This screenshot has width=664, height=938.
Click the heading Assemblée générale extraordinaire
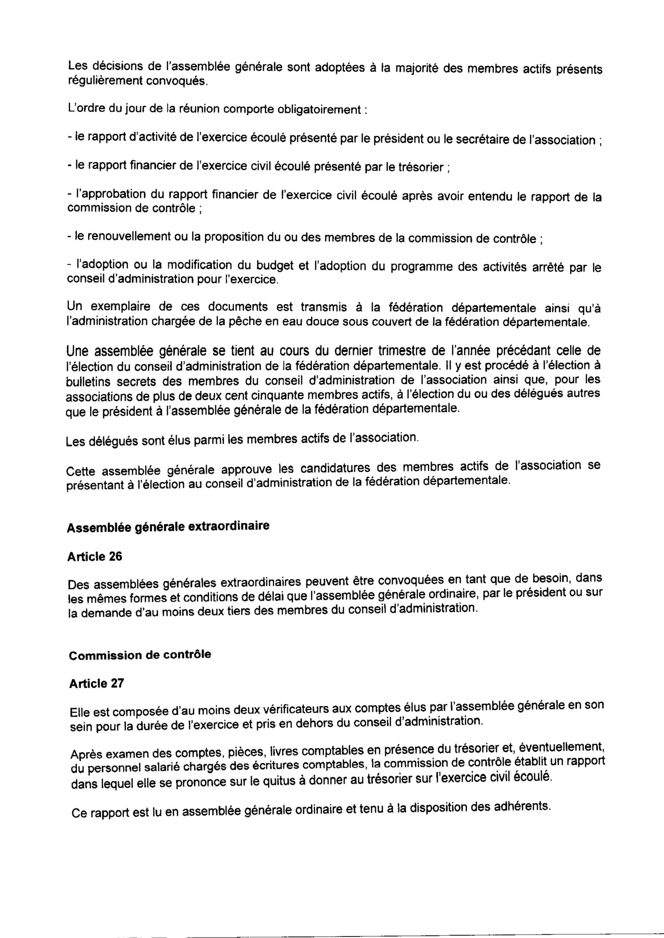click(x=168, y=526)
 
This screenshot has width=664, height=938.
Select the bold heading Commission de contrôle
click(x=140, y=655)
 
